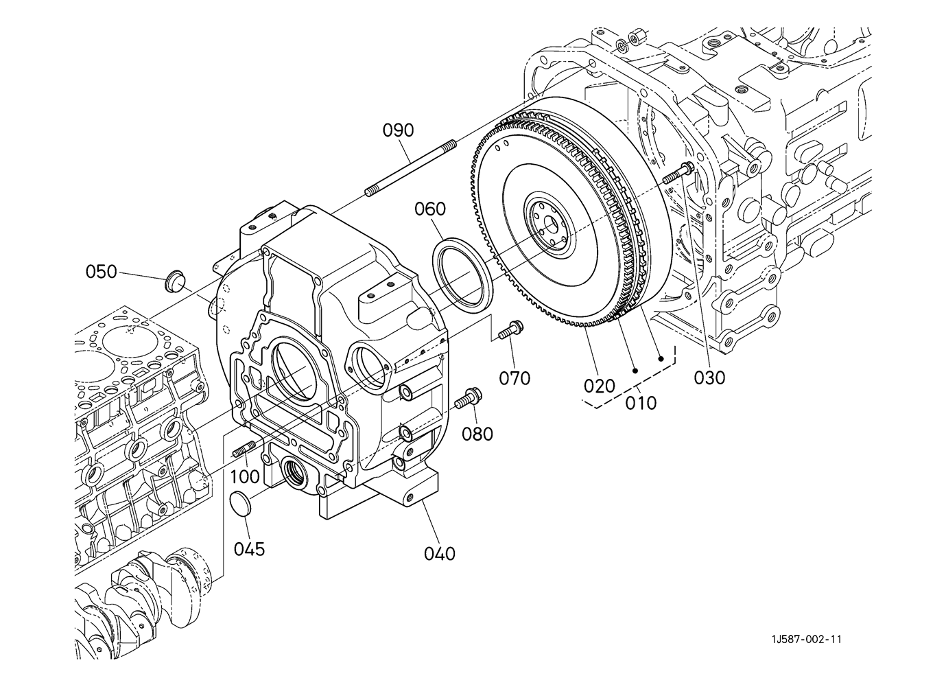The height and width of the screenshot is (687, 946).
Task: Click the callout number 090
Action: pos(399,130)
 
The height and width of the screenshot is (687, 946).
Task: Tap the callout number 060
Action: pos(430,209)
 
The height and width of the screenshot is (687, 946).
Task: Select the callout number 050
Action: pos(101,271)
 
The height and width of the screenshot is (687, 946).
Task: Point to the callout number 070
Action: pos(515,378)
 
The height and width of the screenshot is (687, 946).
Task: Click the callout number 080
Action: pos(477,434)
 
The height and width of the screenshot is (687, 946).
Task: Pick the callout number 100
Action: pos(245,476)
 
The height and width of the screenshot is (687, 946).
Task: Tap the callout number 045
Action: pos(250,550)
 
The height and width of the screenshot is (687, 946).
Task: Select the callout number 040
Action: pos(440,554)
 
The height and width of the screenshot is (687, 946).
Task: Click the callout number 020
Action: pos(600,386)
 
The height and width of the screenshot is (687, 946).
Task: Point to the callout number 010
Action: pos(641,403)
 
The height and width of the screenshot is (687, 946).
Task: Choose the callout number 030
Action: pos(709,378)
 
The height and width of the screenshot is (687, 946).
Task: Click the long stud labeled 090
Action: pos(410,168)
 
